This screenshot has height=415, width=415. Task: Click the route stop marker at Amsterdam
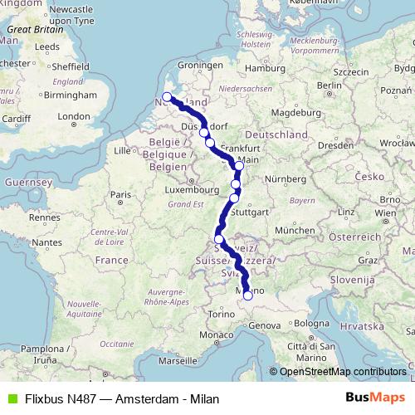[167, 97]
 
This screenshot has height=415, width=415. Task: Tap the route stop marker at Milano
[247, 295]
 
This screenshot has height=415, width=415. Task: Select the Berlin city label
[330, 85]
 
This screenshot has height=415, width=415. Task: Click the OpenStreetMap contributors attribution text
[343, 372]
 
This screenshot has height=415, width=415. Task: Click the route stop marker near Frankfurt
[239, 166]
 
